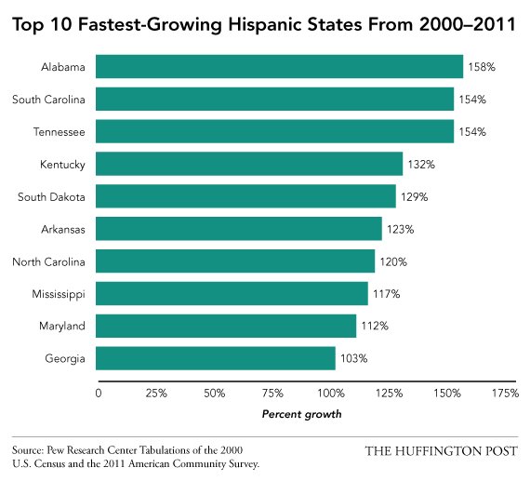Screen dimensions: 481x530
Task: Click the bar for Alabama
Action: (x=279, y=67)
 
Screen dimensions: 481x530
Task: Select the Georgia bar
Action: (x=216, y=358)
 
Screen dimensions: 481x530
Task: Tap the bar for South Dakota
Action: (x=245, y=196)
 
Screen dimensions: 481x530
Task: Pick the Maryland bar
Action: (x=226, y=326)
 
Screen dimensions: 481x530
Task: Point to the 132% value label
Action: (x=420, y=165)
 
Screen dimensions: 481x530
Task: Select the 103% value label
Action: (x=353, y=358)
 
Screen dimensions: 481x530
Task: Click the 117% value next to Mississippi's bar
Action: (x=385, y=294)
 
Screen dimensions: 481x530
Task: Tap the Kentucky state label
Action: (x=62, y=165)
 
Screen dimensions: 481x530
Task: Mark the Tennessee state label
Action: (x=59, y=132)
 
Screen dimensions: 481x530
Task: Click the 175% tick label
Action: (x=505, y=394)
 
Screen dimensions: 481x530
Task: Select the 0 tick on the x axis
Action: (x=98, y=394)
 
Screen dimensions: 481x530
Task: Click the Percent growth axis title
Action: (x=301, y=413)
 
